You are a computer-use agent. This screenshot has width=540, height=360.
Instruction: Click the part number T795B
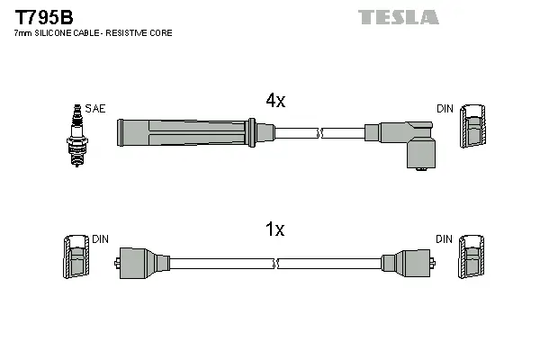tap(43, 16)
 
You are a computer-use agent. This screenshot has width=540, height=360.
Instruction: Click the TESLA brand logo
tap(398, 16)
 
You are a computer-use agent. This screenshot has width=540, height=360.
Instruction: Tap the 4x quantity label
tap(274, 102)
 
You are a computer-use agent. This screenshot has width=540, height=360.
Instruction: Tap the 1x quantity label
tap(274, 229)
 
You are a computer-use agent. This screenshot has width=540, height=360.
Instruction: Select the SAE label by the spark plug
tap(95, 109)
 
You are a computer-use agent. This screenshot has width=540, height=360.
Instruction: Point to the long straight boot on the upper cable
tap(184, 132)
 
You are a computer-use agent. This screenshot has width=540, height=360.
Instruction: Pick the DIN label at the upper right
tap(445, 109)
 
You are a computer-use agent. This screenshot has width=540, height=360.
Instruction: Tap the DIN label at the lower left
tap(100, 239)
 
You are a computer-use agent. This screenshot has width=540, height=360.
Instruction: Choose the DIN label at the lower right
tap(445, 239)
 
